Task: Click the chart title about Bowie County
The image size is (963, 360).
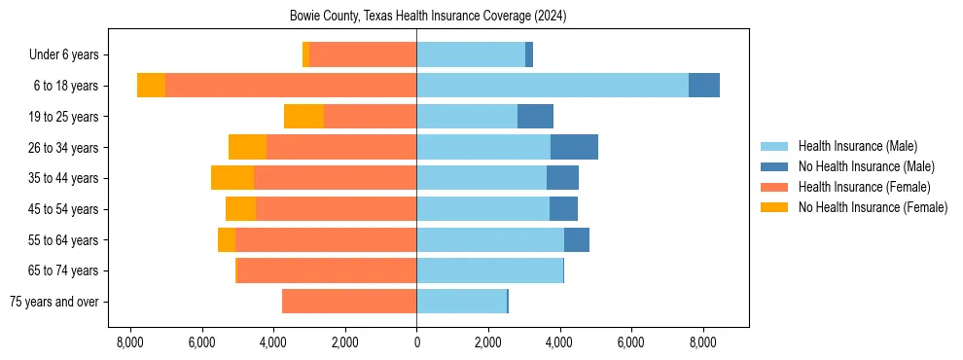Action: [x=428, y=17]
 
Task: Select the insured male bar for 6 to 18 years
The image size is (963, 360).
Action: [x=552, y=86]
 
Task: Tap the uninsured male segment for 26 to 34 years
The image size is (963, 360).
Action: [x=574, y=147]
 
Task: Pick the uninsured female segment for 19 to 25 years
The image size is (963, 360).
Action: [x=303, y=117]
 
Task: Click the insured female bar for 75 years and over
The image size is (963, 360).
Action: [x=349, y=302]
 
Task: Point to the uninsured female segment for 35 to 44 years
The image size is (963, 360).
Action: [x=232, y=178]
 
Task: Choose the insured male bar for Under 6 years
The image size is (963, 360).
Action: [x=471, y=54]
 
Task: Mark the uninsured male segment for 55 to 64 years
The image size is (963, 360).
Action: [x=576, y=240]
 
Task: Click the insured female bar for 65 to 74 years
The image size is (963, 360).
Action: [x=327, y=270]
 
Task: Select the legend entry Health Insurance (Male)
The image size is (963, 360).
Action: [x=857, y=146]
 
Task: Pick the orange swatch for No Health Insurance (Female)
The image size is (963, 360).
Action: [x=775, y=207]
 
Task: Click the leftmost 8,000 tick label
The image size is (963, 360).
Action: [x=129, y=342]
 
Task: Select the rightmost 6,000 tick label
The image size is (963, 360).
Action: [x=631, y=342]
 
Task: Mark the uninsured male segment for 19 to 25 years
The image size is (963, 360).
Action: [x=535, y=117]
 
